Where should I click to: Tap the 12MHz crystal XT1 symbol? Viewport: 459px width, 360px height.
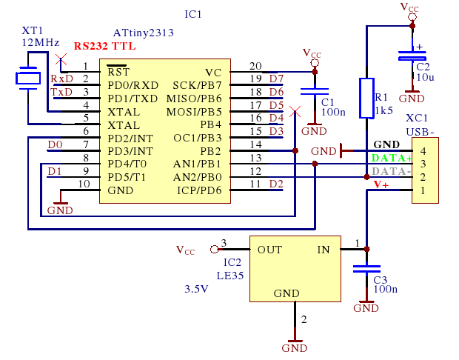coord(29,78)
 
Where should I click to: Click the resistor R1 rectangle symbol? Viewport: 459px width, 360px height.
coord(366,98)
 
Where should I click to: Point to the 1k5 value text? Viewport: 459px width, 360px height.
coord(383,110)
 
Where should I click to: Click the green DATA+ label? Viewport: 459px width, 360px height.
coord(392,158)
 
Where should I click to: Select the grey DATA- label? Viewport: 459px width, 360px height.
coord(392,171)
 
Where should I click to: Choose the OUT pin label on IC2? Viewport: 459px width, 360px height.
coord(269,250)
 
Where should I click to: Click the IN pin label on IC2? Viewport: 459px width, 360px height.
coord(324,250)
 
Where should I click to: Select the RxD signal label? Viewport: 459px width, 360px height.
coord(61,79)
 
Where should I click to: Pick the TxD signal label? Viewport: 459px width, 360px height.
coord(61,92)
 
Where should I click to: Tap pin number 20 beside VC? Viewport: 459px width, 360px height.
coord(255,66)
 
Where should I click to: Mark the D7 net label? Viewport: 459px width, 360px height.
coord(276,79)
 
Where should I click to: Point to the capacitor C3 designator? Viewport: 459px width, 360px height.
coord(380,280)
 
